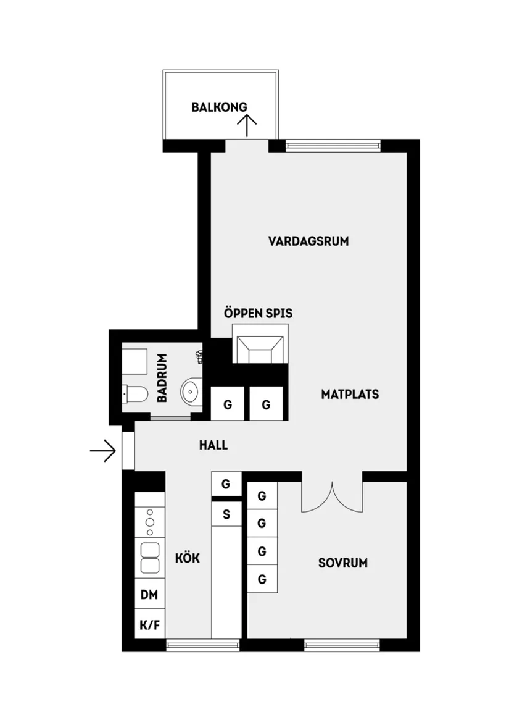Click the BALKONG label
coord(219,107)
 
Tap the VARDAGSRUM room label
coord(308,241)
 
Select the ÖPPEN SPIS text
coord(258,314)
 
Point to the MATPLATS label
coord(350,394)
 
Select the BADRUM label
coord(162,378)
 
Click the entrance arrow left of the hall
coord(103,451)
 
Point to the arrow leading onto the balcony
coord(247,125)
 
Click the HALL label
coord(213,445)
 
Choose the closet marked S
coord(226,514)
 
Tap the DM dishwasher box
coord(149,595)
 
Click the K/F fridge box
coord(149,625)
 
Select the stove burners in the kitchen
coord(149,522)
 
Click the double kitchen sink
coord(149,558)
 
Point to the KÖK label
coord(188,558)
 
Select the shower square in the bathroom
coord(134,361)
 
